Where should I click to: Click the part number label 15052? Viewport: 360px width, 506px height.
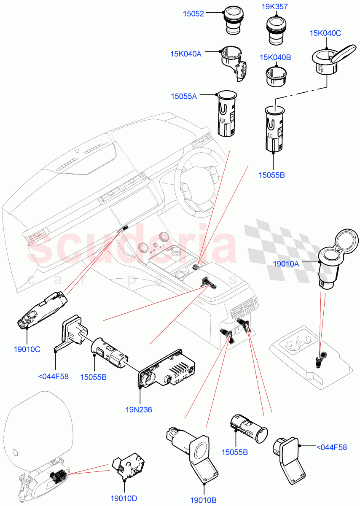tap(193, 14)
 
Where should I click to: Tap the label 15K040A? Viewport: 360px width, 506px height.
tap(186, 54)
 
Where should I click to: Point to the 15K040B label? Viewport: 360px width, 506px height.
tap(275, 57)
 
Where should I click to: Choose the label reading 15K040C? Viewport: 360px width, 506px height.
tap(325, 33)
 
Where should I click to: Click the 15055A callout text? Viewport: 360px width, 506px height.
tap(184, 96)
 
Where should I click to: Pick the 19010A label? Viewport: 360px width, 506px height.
tap(286, 264)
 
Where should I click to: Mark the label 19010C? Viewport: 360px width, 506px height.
tap(27, 349)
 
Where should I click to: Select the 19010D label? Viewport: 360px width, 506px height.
tap(124, 498)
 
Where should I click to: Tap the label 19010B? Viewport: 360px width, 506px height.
tap(203, 500)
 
